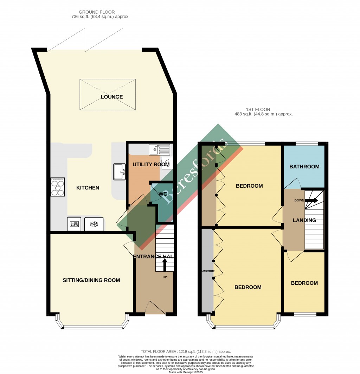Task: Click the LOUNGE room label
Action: coord(111,97)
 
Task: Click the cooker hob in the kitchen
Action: coord(58,187)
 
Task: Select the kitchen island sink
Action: coord(120,172)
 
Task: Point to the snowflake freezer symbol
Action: coord(94,224)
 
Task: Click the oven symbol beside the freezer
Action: coord(74,224)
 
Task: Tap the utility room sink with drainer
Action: coord(159,150)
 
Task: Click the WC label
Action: coord(163,194)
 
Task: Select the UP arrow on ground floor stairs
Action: coord(165,264)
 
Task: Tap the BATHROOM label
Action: coord(304,167)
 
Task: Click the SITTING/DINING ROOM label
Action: coord(91,280)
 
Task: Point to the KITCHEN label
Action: coord(88,188)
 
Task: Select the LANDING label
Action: coord(304,220)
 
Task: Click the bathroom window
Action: coord(307,143)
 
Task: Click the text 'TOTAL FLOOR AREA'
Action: coord(158,351)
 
